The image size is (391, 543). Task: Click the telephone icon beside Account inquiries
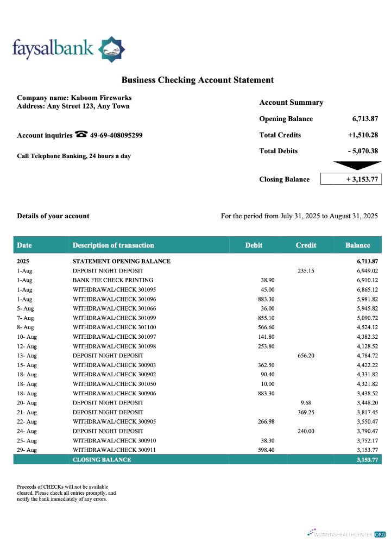tap(81, 134)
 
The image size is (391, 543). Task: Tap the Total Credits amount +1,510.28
tap(363, 135)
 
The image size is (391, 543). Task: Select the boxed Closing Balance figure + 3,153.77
tap(351, 179)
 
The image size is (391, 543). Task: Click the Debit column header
tap(254, 245)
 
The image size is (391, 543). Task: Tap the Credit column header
tap(306, 245)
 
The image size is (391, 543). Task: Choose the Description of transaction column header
tap(113, 245)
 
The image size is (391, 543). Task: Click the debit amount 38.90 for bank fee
tap(267, 280)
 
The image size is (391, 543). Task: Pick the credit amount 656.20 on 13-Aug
tap(306, 356)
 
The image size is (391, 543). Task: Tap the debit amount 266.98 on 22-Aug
tap(266, 421)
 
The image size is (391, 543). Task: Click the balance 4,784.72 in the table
tap(367, 356)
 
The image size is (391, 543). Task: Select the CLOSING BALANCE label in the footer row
tap(102, 459)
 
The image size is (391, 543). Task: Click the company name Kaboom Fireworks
tap(101, 98)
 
